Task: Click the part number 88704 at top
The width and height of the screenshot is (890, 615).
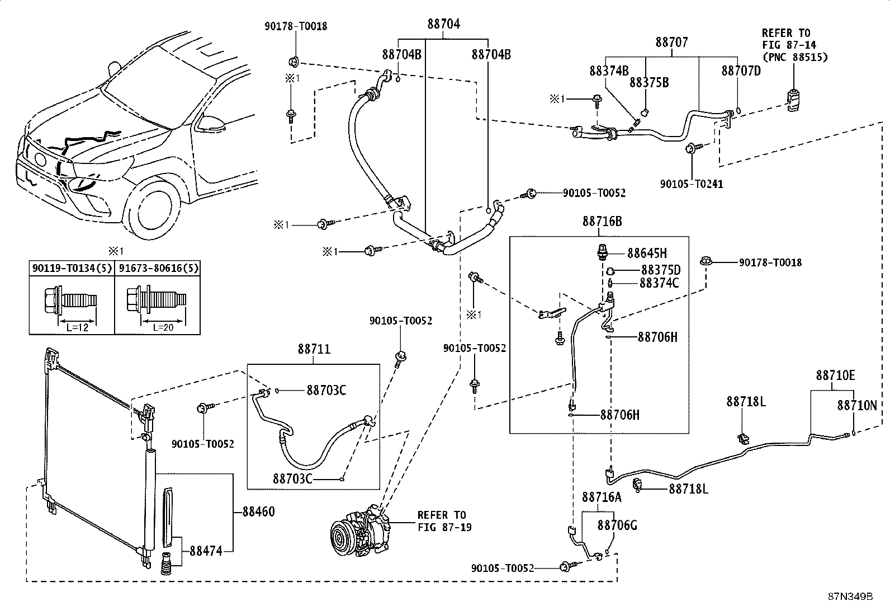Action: tap(443, 24)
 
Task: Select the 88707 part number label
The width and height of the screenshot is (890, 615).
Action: tap(671, 42)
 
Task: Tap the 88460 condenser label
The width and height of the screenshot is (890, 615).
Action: tap(259, 511)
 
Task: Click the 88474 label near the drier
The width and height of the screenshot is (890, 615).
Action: tap(206, 551)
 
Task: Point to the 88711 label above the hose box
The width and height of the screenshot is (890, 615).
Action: tap(314, 349)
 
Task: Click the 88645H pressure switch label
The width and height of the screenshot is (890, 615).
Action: tap(647, 253)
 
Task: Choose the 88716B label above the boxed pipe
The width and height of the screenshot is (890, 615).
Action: tap(602, 222)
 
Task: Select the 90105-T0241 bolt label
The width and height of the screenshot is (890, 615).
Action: tap(692, 184)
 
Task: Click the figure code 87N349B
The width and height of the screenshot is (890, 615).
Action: tap(850, 597)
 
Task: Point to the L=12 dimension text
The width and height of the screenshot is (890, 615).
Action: tap(77, 327)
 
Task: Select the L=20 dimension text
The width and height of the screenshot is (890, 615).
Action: tap(163, 327)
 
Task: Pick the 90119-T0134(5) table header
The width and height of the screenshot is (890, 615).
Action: tap(72, 268)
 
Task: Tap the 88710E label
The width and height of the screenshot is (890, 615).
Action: tap(835, 375)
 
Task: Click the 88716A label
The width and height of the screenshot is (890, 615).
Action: tap(602, 497)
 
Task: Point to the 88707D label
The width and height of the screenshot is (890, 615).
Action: tap(741, 71)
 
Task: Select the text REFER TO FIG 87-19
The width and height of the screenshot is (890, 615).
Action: tap(444, 521)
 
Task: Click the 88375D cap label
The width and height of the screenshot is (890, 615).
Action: tap(661, 270)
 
